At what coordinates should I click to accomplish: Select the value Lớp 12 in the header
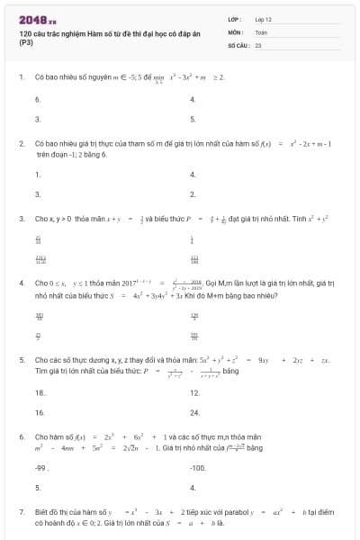(264, 19)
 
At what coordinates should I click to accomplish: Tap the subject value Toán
(261, 31)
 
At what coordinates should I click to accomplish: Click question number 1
(21, 77)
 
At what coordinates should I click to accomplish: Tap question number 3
(21, 218)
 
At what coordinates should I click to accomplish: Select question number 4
(21, 283)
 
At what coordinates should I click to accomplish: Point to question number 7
(21, 511)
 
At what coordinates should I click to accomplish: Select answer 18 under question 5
(40, 393)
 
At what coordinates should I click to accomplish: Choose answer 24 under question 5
(194, 412)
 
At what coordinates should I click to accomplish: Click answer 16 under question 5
(40, 412)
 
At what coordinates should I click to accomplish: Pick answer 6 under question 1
(37, 99)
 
